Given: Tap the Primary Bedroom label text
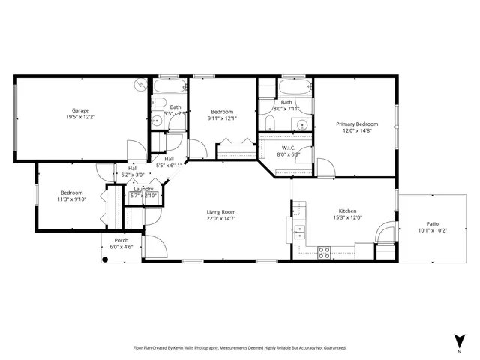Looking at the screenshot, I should click(356, 124).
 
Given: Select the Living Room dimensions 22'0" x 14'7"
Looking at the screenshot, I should click(221, 219).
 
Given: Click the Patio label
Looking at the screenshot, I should click(432, 223).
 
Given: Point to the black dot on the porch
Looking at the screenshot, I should click(106, 259).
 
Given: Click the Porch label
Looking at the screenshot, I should click(121, 240).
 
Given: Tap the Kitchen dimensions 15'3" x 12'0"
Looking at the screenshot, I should click(347, 218).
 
